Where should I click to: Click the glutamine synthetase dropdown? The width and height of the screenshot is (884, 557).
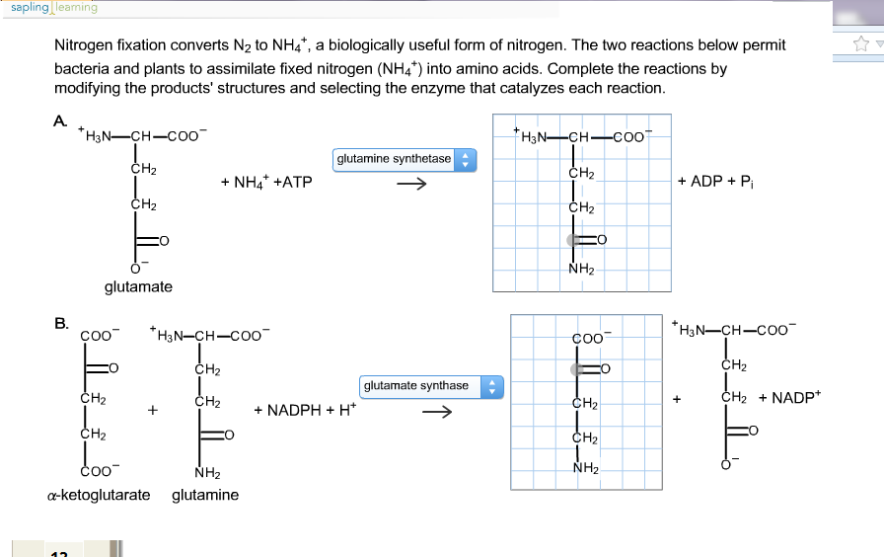(x=405, y=160)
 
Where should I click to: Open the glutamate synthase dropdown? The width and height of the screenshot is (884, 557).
(x=431, y=387)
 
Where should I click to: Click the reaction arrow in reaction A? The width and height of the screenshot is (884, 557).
(x=411, y=184)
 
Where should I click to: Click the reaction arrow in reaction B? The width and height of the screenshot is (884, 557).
(x=437, y=412)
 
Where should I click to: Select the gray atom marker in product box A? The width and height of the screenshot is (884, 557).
(x=573, y=240)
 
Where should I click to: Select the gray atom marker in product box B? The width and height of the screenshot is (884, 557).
(x=577, y=369)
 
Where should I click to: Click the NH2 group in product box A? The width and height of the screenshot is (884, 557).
(x=581, y=269)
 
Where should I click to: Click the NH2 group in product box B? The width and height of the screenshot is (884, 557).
(x=586, y=468)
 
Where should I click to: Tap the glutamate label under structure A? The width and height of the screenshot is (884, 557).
(x=138, y=286)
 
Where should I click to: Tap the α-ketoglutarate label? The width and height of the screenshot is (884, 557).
(x=99, y=495)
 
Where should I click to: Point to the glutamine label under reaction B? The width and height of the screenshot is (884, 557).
(x=205, y=495)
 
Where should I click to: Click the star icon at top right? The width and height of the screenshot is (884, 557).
(x=861, y=43)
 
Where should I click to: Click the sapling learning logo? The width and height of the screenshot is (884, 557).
(x=54, y=7)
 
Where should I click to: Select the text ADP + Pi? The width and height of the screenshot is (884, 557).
(x=716, y=181)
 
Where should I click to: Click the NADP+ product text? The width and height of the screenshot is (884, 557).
(x=796, y=397)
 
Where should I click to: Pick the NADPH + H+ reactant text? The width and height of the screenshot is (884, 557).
(x=305, y=409)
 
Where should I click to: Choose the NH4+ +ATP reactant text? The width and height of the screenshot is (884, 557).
(x=266, y=182)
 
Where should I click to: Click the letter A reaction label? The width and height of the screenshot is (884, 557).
(x=60, y=121)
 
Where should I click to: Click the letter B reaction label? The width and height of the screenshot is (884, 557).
(x=61, y=323)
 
